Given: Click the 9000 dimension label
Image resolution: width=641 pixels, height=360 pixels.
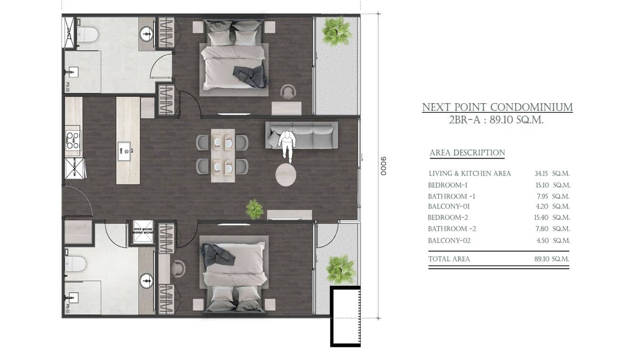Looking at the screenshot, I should tap(383, 166).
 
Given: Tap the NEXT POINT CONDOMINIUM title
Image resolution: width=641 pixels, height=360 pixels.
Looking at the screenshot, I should tap(497, 107).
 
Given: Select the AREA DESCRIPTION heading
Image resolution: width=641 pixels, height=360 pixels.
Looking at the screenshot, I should tap(467, 153).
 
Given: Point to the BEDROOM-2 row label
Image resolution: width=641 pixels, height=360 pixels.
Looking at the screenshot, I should tap(448, 217).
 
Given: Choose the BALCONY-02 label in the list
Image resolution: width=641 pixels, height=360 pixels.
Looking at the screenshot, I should tap(449, 241).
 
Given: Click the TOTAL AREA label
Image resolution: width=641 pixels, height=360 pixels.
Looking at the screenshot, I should tap(449, 259).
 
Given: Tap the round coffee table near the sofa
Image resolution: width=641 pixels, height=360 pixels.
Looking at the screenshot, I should tap(286, 175).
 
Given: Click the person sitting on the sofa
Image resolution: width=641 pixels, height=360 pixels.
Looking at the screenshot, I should tap(287, 144).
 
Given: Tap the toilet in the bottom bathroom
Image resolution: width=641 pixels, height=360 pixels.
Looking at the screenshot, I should tap(76, 264).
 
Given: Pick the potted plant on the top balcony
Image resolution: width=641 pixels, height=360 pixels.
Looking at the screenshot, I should tap(336, 32).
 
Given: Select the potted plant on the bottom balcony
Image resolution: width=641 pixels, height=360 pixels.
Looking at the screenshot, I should tap(341, 268).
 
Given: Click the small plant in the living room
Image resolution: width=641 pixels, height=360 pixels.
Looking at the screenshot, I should tap(254, 209).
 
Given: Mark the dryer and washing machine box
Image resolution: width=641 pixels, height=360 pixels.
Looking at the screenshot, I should tap(143, 232).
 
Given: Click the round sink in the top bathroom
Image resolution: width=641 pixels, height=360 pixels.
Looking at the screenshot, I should tap(147, 33).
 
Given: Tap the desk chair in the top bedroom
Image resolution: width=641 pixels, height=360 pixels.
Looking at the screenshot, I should tap(288, 91).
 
